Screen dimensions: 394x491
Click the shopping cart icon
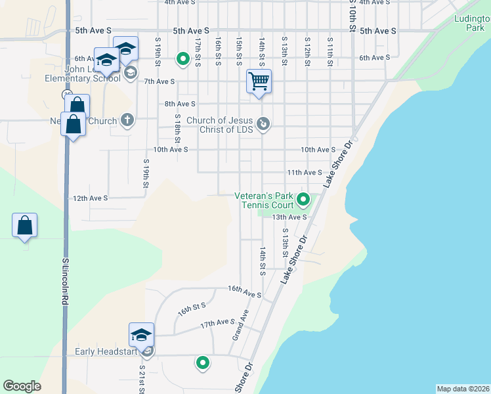coord(259,81)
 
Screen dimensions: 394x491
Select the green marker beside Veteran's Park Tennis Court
coord(303,198)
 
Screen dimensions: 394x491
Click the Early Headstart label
coord(106,351)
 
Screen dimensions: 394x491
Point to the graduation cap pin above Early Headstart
coord(141,336)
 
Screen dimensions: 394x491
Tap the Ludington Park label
coord(471,24)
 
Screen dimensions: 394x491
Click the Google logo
coord(22,386)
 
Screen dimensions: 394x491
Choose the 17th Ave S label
coord(218,322)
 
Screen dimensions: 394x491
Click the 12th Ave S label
coord(90,198)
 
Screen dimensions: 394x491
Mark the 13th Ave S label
coord(289,217)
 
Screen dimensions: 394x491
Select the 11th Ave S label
coord(305,173)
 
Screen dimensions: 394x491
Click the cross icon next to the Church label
coord(127,120)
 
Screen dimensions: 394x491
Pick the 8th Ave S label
coord(180,104)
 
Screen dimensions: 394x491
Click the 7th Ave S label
coord(160,81)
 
